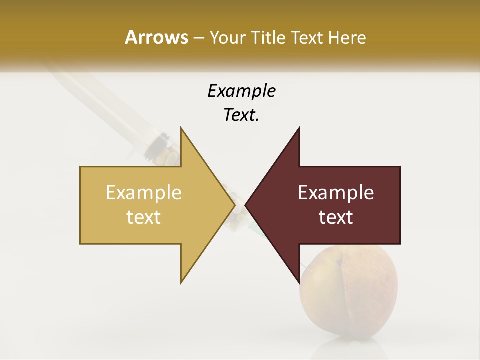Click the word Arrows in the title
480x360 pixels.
pyautogui.click(x=156, y=37)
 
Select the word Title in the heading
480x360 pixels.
pyautogui.click(x=271, y=37)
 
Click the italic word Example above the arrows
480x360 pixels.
pyautogui.click(x=241, y=91)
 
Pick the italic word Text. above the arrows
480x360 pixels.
pyautogui.click(x=241, y=115)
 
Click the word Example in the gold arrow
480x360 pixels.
pyautogui.click(x=144, y=193)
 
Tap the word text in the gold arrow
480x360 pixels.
pyautogui.click(x=144, y=217)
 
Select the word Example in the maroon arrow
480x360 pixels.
pyautogui.click(x=336, y=193)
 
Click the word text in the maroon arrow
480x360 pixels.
pyautogui.click(x=336, y=217)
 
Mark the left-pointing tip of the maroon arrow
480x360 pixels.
pyautogui.click(x=246, y=205)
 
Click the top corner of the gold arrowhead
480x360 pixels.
pyautogui.click(x=181, y=128)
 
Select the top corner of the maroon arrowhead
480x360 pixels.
pyautogui.click(x=299, y=128)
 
